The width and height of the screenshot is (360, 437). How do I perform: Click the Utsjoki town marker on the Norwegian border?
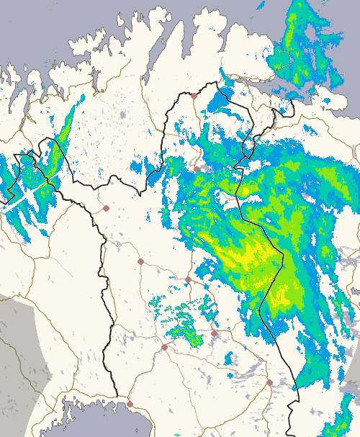click(x=194, y=95)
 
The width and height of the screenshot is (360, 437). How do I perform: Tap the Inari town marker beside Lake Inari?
click(x=197, y=169)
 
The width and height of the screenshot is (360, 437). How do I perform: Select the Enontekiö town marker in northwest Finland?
click(x=106, y=208)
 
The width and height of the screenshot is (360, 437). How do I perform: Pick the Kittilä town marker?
click(x=140, y=261)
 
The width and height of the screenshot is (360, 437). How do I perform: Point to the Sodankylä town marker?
click(x=188, y=279)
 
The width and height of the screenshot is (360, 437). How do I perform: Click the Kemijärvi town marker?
click(x=214, y=333)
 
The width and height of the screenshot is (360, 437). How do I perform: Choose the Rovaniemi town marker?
click(x=164, y=347)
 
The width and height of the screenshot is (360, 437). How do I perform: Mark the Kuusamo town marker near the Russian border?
click(x=269, y=382)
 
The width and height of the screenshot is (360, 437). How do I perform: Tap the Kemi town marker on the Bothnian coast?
click(x=130, y=404)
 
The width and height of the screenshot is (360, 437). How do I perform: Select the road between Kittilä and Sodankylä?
click(x=164, y=270)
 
